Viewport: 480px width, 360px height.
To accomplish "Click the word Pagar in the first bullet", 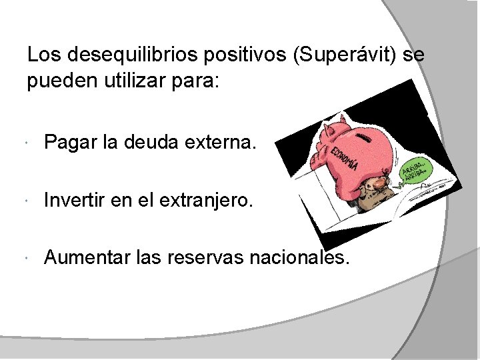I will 69,142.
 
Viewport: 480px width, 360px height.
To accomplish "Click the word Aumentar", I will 84,257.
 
